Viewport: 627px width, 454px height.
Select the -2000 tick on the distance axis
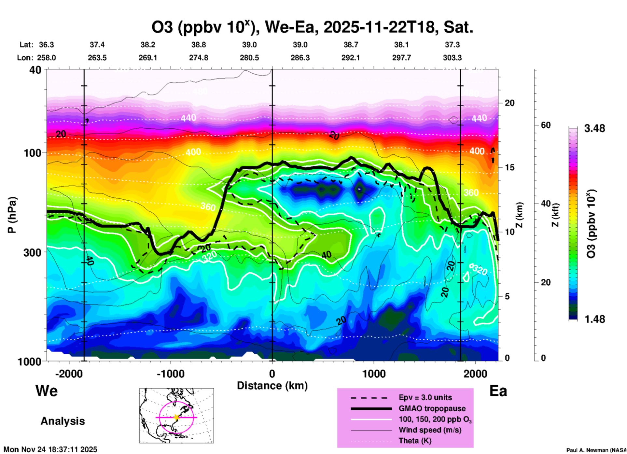pos(69,374)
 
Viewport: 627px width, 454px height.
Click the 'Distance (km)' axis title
pos(272,386)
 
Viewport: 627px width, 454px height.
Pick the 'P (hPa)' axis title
pos(12,215)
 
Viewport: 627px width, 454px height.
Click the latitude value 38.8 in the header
pos(199,45)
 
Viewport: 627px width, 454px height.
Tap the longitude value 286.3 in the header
pos(300,58)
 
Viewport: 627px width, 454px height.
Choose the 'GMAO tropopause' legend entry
pos(432,408)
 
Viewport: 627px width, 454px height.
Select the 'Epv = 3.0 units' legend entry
pos(425,398)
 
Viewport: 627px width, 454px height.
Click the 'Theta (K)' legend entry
pos(415,441)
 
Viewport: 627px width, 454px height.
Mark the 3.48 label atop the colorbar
pos(594,129)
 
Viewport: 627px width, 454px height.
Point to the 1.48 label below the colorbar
pos(594,319)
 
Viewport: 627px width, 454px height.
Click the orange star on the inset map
pos(176,417)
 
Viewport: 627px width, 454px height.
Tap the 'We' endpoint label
pos(47,391)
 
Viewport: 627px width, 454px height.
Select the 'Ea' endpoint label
pos(498,391)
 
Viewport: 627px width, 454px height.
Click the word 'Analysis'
pos(63,421)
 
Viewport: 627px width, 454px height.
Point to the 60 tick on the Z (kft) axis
pos(546,125)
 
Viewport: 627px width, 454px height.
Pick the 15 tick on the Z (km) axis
pos(509,167)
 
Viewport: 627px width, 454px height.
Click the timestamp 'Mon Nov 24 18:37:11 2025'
pos(50,449)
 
